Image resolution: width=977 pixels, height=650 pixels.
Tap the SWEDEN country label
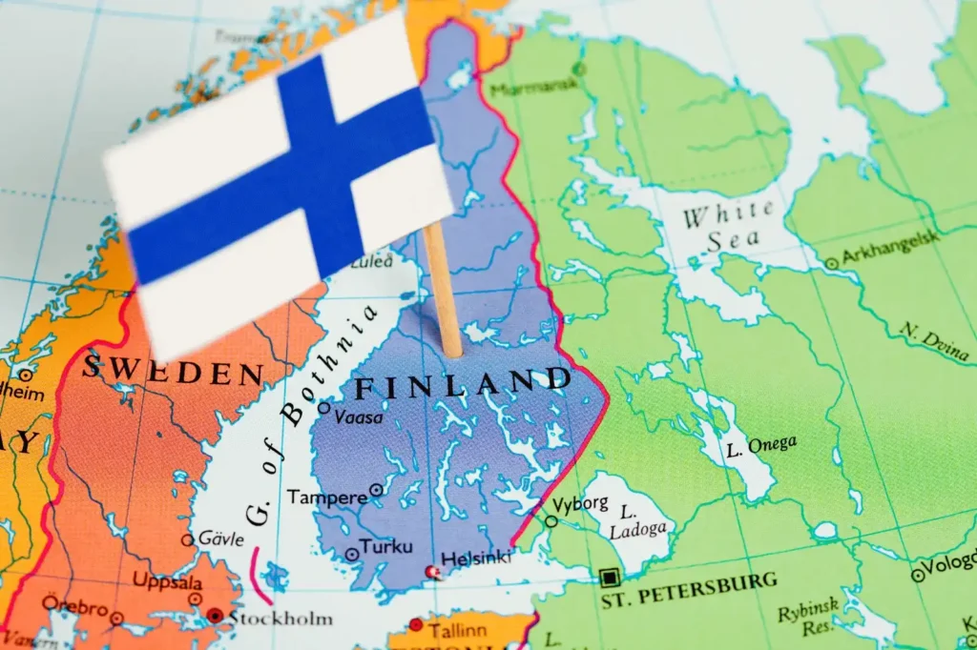point(172,369)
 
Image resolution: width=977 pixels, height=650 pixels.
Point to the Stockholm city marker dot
point(215,617)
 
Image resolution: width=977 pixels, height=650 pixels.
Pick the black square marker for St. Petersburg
point(609,577)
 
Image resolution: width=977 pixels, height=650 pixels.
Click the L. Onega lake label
point(760,445)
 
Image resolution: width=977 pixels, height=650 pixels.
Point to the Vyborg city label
point(579,503)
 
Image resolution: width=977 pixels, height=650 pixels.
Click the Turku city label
point(387,547)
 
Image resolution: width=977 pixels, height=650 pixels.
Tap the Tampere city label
point(327,497)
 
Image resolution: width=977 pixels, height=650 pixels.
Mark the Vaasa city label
point(359,416)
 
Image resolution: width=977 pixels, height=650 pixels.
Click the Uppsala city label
point(167,581)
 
